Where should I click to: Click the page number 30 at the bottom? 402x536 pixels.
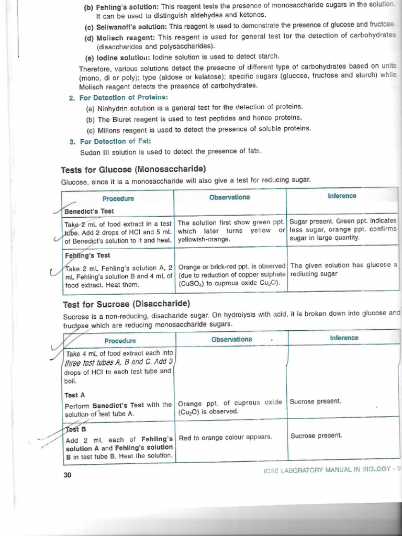66,475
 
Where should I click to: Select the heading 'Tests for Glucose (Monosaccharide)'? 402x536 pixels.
133,169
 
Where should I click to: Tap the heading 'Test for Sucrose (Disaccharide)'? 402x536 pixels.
126,304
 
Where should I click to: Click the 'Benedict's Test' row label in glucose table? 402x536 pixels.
90,211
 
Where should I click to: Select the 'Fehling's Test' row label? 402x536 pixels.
87,255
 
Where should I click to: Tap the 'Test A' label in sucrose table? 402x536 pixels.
75,395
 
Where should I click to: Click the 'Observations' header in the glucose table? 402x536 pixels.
229,197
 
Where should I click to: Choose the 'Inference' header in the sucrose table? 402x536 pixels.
344,338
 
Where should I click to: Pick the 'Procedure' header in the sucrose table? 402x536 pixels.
120,341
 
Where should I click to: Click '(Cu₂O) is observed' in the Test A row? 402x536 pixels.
208,411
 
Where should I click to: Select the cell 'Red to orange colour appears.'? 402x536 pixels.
225,437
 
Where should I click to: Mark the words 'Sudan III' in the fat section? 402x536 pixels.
94,152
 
